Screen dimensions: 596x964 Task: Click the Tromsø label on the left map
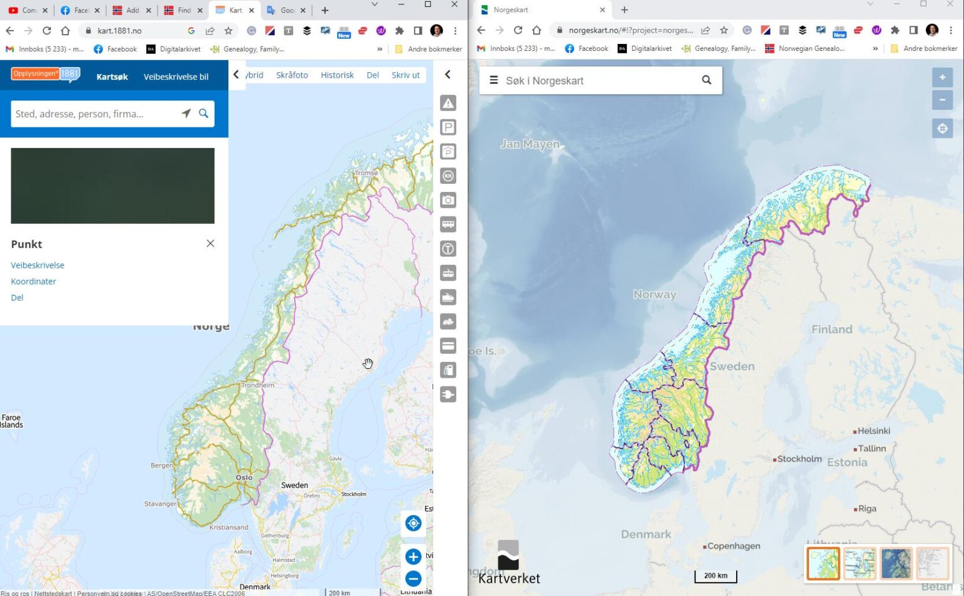[x=367, y=173]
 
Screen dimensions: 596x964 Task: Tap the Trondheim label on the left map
[x=258, y=385]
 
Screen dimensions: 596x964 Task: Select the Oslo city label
[x=244, y=477]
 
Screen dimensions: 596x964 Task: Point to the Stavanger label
[x=160, y=503]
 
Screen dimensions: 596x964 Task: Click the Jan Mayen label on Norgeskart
[x=530, y=144]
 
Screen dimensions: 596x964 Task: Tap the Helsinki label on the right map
[x=874, y=431]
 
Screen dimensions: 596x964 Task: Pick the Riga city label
[x=867, y=509]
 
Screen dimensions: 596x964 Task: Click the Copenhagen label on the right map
[x=734, y=546]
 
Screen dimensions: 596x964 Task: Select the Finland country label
[x=832, y=329]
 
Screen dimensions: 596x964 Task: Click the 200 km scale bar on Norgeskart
[x=715, y=576]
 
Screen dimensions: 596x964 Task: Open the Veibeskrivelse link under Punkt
[x=38, y=265]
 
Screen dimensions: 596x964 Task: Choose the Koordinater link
[x=33, y=282]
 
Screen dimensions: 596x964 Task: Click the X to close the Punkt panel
[x=210, y=243]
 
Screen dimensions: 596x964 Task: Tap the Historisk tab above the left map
[x=337, y=75]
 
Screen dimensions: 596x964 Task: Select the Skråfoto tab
[x=292, y=75]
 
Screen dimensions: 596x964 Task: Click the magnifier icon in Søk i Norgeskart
[x=706, y=80]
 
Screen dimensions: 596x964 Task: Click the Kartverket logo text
[x=509, y=578]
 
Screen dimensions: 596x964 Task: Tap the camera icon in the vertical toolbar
[x=448, y=200]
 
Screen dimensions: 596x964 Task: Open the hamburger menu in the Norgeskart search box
[x=494, y=80]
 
